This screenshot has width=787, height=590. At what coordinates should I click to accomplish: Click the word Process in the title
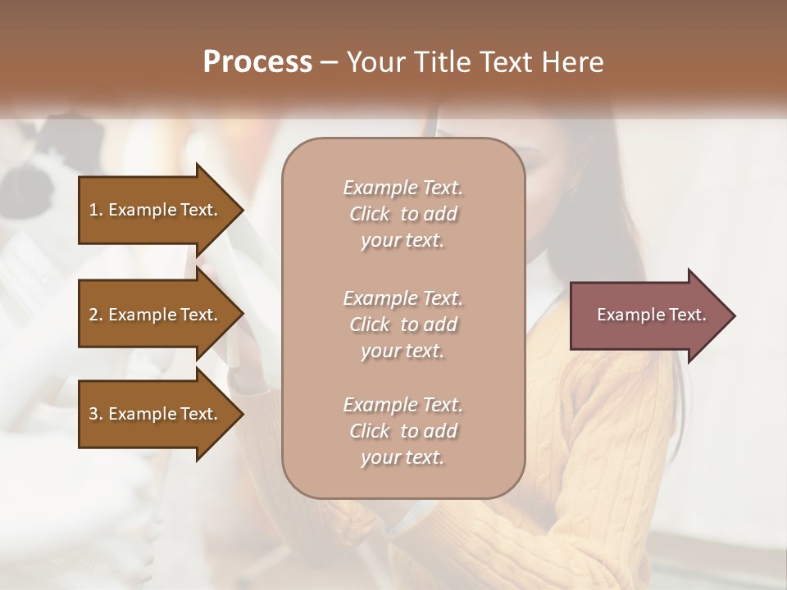(x=257, y=62)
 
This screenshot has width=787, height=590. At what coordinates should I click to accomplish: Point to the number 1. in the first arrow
(x=96, y=210)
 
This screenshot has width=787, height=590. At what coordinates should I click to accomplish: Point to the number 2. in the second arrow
(x=96, y=315)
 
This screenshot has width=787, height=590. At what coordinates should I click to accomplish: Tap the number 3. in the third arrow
(x=96, y=414)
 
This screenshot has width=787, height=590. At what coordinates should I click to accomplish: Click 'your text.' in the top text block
(x=403, y=241)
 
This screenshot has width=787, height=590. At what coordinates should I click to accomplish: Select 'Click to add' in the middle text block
(x=403, y=324)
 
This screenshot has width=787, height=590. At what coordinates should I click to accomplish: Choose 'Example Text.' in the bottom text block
(x=403, y=405)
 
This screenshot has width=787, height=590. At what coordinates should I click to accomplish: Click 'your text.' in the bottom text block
(x=403, y=458)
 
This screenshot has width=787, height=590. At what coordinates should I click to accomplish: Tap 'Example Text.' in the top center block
(x=403, y=188)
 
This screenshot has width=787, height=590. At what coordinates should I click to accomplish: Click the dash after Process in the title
(x=329, y=63)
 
